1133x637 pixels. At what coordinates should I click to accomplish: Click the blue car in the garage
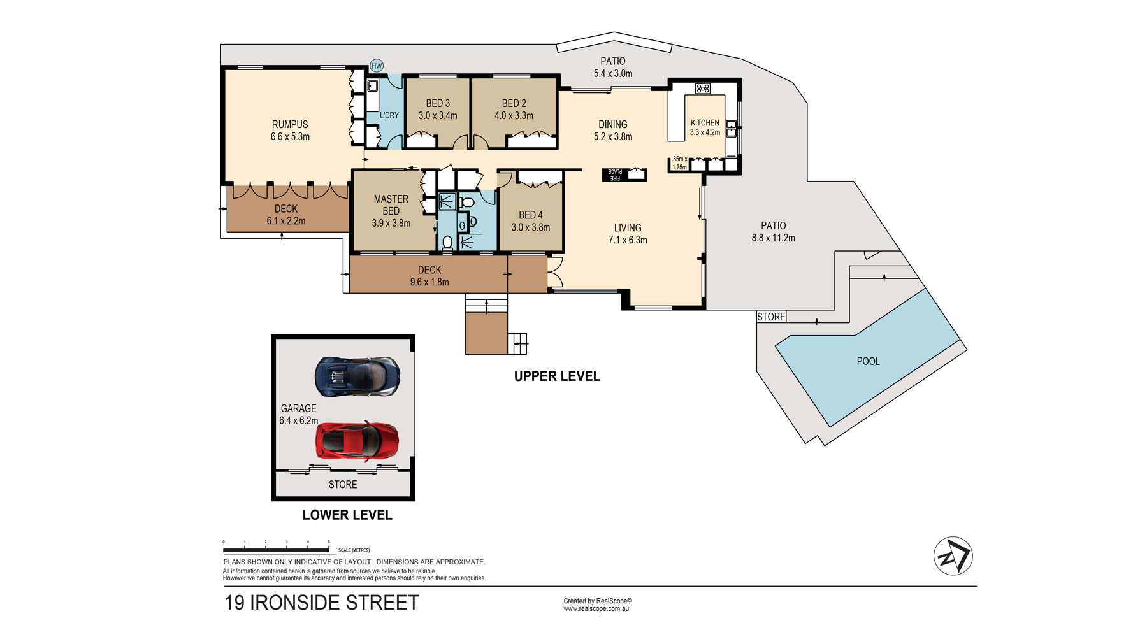pyautogui.click(x=358, y=376)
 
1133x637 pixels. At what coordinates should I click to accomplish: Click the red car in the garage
pyautogui.click(x=357, y=440)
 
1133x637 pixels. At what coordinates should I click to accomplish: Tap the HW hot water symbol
pyautogui.click(x=377, y=66)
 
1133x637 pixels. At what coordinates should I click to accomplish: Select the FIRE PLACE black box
pyautogui.click(x=624, y=174)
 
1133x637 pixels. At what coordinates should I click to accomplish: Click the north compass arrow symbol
pyautogui.click(x=953, y=556)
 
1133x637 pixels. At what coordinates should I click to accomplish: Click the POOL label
pyautogui.click(x=868, y=361)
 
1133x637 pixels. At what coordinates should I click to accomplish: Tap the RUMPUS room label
pyautogui.click(x=290, y=124)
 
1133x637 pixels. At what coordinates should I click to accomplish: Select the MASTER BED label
pyautogui.click(x=391, y=205)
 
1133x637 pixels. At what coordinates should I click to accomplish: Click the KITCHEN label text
pyautogui.click(x=705, y=123)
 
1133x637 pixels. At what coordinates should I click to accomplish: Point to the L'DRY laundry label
pyautogui.click(x=389, y=115)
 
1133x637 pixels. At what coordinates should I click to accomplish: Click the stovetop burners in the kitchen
pyautogui.click(x=703, y=89)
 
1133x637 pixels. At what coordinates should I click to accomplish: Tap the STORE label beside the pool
pyautogui.click(x=771, y=317)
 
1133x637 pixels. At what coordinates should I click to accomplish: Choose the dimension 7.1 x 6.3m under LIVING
pyautogui.click(x=628, y=240)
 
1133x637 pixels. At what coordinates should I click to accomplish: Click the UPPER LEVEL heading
pyautogui.click(x=557, y=376)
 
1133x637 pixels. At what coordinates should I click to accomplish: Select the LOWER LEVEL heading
pyautogui.click(x=347, y=515)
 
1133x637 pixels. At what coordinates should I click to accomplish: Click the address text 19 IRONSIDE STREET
pyautogui.click(x=322, y=603)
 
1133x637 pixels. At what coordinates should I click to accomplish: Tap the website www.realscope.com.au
pyautogui.click(x=596, y=609)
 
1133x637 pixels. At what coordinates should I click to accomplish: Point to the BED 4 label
pyautogui.click(x=531, y=215)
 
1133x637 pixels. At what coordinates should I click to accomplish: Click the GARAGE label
pyautogui.click(x=298, y=408)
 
